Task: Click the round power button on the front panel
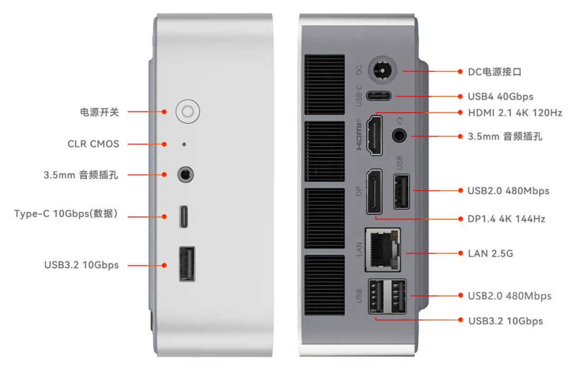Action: click(x=187, y=112)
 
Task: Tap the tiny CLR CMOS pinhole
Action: click(x=184, y=144)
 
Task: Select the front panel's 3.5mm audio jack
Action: click(x=185, y=174)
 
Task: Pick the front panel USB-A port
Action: click(x=186, y=264)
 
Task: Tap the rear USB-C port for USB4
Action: click(x=381, y=96)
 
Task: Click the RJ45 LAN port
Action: click(x=382, y=250)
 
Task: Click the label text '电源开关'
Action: click(x=100, y=112)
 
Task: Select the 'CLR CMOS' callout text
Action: click(x=93, y=144)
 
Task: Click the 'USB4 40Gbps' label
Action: click(x=500, y=96)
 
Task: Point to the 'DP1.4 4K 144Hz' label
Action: click(x=506, y=218)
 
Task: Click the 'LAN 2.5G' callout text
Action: click(x=490, y=254)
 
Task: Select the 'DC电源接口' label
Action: click(x=495, y=71)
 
